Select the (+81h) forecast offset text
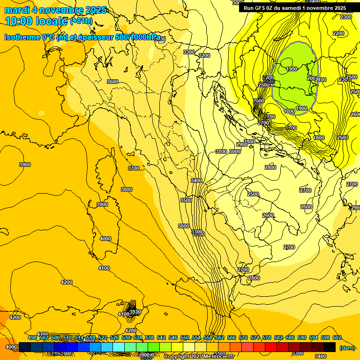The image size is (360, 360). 81,21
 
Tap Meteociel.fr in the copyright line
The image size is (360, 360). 218,357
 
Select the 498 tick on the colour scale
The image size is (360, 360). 32,337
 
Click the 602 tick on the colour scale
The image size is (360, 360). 337,337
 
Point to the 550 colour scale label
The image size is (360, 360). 184,337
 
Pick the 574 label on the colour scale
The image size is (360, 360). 255,337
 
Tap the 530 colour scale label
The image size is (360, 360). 126,337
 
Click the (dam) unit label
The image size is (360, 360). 347,348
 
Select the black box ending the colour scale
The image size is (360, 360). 330,347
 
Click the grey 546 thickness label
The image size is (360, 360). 269,82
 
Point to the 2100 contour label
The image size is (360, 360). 321,80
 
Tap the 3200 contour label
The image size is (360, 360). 204,55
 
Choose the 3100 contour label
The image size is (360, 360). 221,151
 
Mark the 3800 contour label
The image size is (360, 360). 127,189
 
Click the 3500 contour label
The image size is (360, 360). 186,200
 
